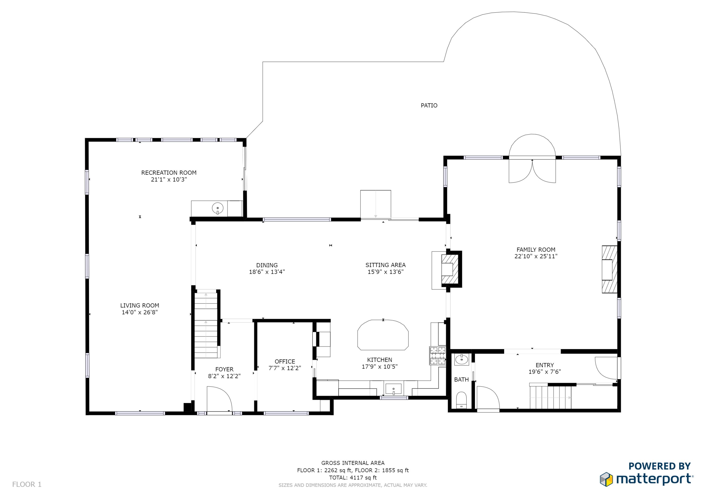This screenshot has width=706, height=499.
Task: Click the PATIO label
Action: (x=429, y=105)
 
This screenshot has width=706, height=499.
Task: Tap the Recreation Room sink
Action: (x=218, y=208)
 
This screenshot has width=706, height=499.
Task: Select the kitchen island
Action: (x=383, y=335)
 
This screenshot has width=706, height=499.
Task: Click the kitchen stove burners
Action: (x=437, y=355)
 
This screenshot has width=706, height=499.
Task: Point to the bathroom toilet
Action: (x=461, y=400)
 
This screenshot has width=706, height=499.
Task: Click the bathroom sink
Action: (x=461, y=359)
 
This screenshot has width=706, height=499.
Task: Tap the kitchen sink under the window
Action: (x=393, y=389)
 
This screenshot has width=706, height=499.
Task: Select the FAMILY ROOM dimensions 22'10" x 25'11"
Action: (x=536, y=256)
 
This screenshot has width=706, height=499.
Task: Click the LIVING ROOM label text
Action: (x=140, y=305)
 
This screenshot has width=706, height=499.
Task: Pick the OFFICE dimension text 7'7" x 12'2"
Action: (x=285, y=368)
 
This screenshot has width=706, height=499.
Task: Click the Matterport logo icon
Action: (x=606, y=479)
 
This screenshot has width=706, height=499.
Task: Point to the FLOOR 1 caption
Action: (x=27, y=485)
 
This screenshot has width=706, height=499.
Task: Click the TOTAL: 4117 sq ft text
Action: (x=353, y=478)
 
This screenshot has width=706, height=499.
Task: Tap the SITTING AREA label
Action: (x=385, y=265)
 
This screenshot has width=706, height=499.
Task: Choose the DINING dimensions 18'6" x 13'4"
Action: (x=267, y=272)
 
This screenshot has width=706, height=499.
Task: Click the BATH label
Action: (x=461, y=380)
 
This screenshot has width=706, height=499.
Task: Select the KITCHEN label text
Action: (x=379, y=360)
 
